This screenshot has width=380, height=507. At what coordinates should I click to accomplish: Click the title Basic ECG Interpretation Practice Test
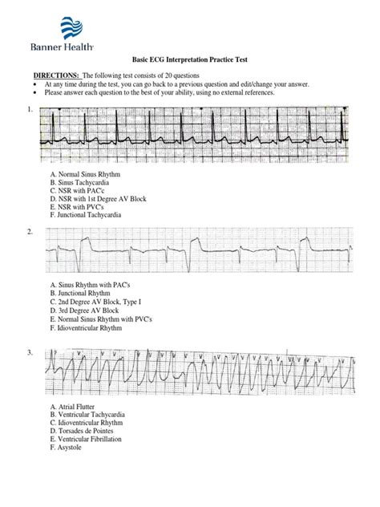click(x=189, y=60)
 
